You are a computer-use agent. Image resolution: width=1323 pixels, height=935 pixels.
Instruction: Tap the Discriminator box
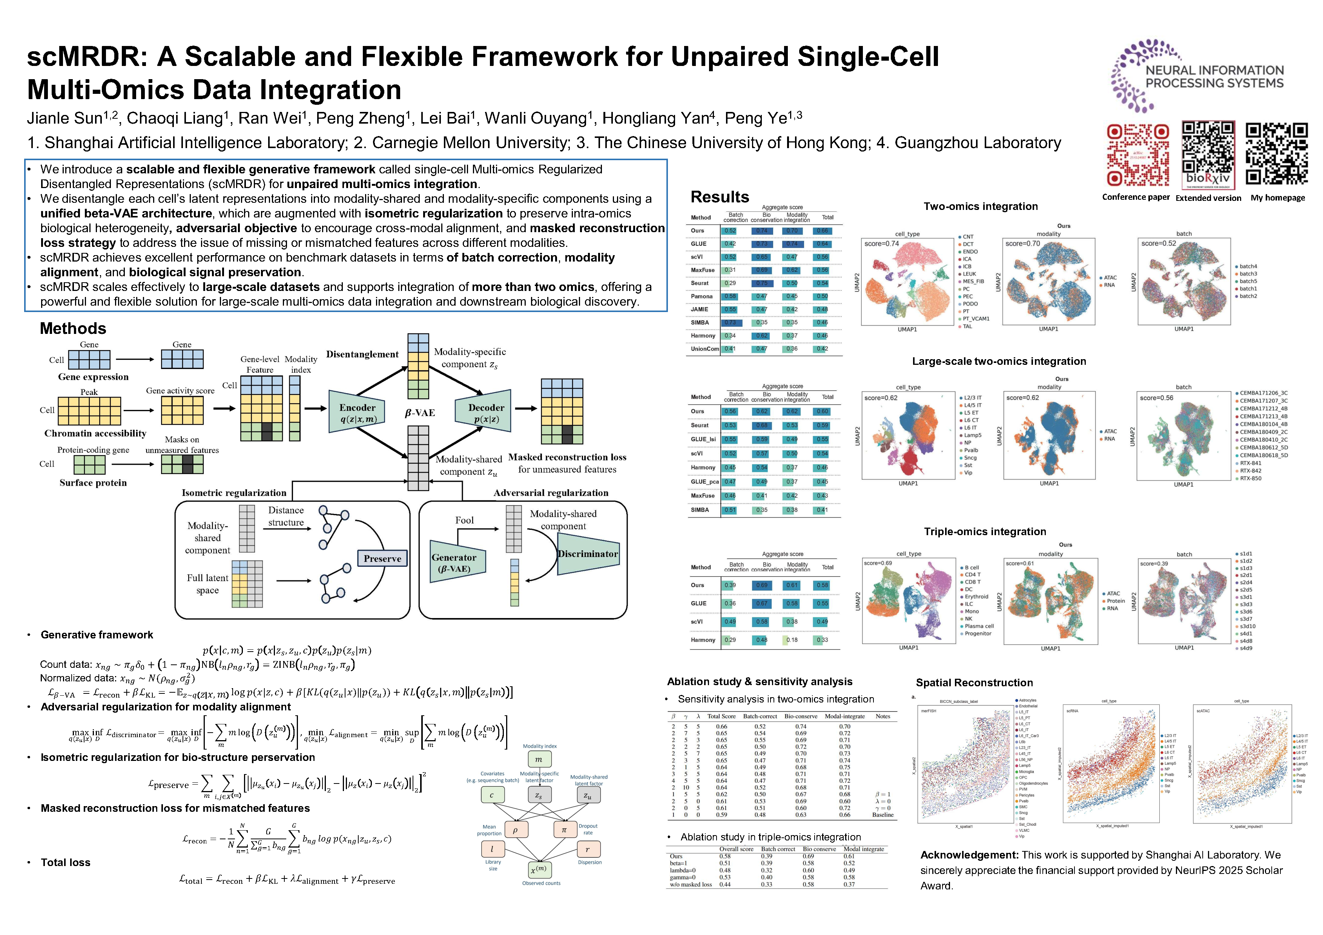point(588,554)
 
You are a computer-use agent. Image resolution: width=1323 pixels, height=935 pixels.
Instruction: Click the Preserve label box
point(382,559)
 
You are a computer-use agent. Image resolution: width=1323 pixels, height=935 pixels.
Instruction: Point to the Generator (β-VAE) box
point(455,563)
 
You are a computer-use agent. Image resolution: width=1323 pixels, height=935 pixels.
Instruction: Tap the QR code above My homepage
point(1277,154)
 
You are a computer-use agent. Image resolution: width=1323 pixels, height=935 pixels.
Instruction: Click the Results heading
point(720,197)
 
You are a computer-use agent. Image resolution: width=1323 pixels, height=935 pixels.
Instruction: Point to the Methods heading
point(73,328)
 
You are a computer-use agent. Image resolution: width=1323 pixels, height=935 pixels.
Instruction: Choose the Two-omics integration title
point(980,206)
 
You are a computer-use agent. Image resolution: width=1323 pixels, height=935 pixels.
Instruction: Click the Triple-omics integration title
point(985,531)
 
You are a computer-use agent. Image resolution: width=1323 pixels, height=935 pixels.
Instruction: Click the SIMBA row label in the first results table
point(700,323)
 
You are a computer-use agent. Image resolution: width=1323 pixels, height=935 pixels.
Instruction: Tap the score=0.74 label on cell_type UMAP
point(882,243)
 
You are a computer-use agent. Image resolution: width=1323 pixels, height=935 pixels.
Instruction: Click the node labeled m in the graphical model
point(539,759)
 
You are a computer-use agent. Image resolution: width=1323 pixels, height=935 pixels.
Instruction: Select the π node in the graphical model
point(564,829)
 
